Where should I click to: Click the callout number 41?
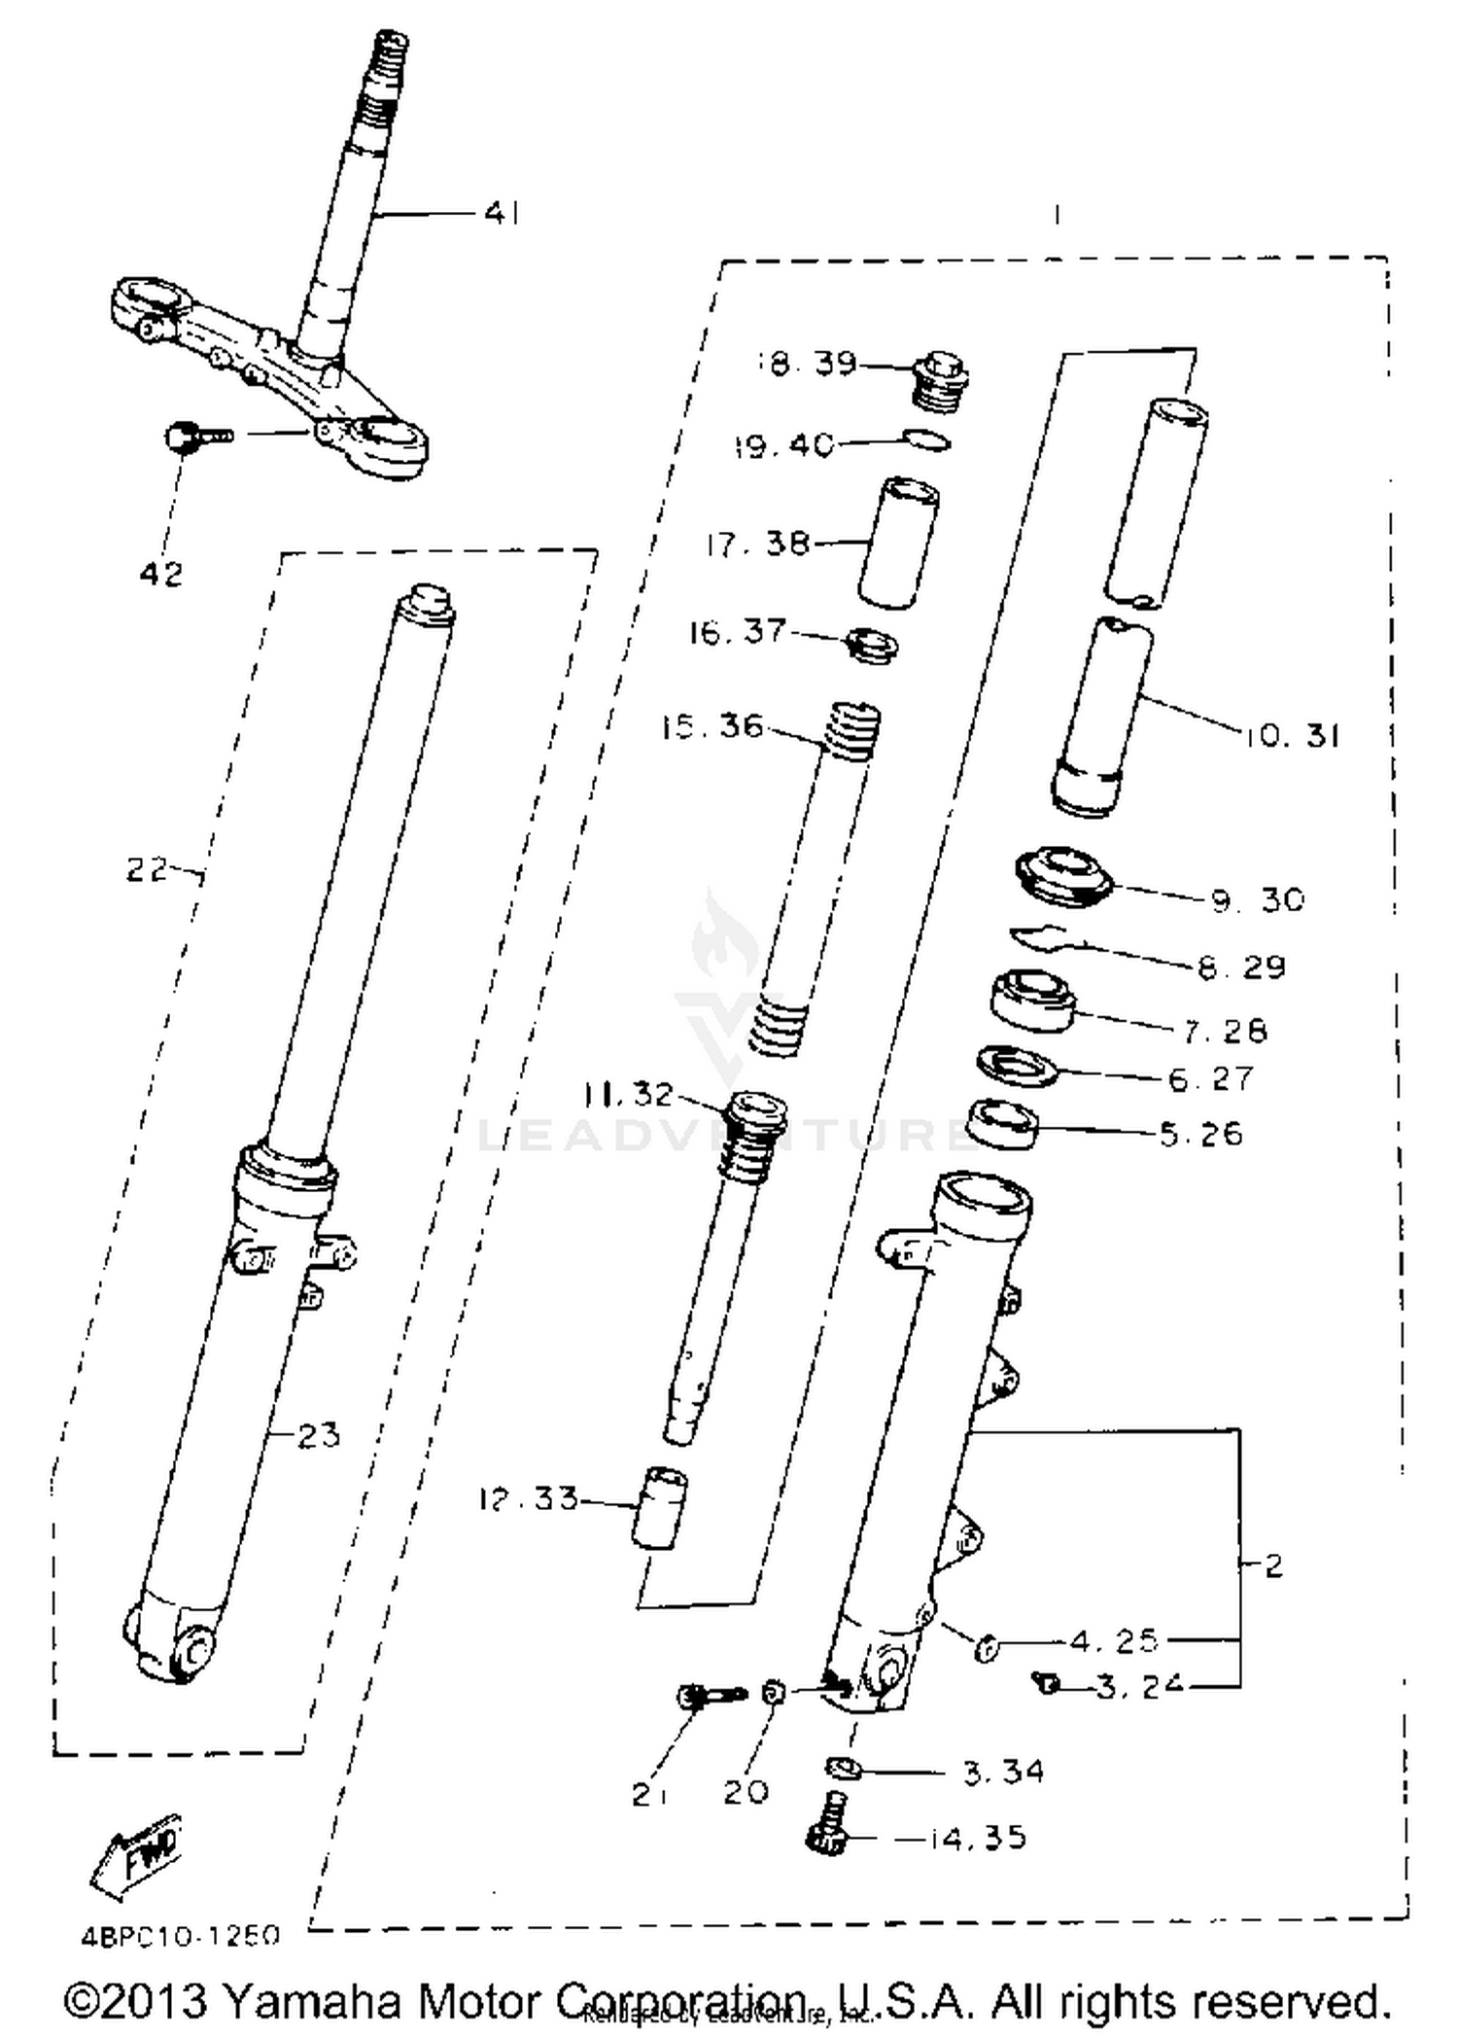click(502, 212)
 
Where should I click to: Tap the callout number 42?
click(160, 574)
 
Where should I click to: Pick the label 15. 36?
click(712, 726)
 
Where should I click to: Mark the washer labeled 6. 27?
click(1017, 1067)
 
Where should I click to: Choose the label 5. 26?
click(1201, 1134)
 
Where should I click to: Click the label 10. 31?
click(1291, 735)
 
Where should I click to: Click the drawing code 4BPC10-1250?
click(180, 1935)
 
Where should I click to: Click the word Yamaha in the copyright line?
click(313, 2001)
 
